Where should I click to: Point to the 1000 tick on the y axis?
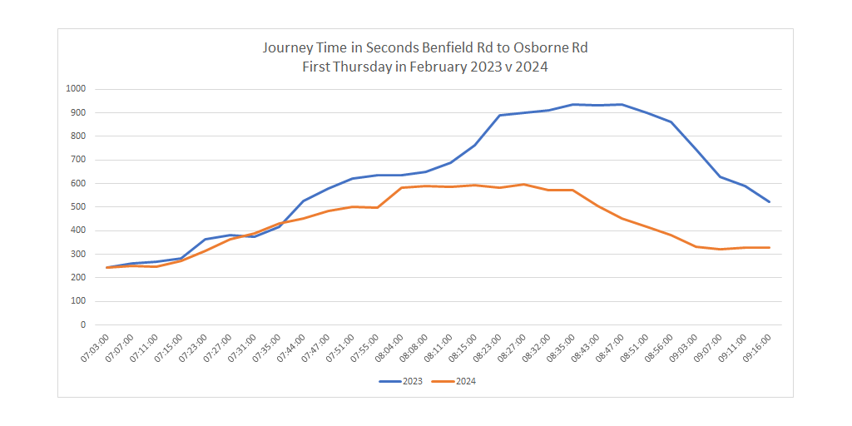(x=76, y=89)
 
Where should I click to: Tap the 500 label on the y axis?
(x=78, y=206)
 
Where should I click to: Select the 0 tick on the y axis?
(x=82, y=324)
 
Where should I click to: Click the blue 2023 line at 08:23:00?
(x=499, y=116)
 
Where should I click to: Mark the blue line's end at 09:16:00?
(x=770, y=202)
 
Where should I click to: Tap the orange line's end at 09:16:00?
(x=770, y=247)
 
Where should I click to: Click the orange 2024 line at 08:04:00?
(x=402, y=187)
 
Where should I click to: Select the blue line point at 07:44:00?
(x=304, y=201)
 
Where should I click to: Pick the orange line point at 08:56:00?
(x=671, y=235)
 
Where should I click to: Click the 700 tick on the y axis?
(x=78, y=160)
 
